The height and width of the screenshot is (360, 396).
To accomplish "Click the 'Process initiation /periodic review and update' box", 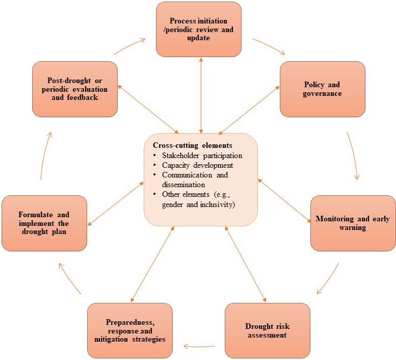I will pyautogui.click(x=198, y=29).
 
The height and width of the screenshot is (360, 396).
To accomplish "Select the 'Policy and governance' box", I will pyautogui.click(x=323, y=89).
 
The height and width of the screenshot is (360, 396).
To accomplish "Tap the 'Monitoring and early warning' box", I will pyautogui.click(x=353, y=223).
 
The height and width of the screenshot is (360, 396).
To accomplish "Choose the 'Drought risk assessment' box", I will pyautogui.click(x=267, y=330).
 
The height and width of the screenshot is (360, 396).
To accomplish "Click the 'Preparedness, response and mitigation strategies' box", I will pyautogui.click(x=129, y=330).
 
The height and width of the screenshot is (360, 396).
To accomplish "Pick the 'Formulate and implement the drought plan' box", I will pyautogui.click(x=44, y=223).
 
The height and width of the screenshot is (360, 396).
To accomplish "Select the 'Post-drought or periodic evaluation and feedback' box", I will pyautogui.click(x=75, y=89).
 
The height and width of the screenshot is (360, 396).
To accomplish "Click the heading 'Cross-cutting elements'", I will pyautogui.click(x=192, y=145).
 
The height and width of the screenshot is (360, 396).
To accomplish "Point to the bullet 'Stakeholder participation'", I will pyautogui.click(x=202, y=156).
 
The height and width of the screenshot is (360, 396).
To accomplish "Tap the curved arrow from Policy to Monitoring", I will pyautogui.click(x=353, y=156).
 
